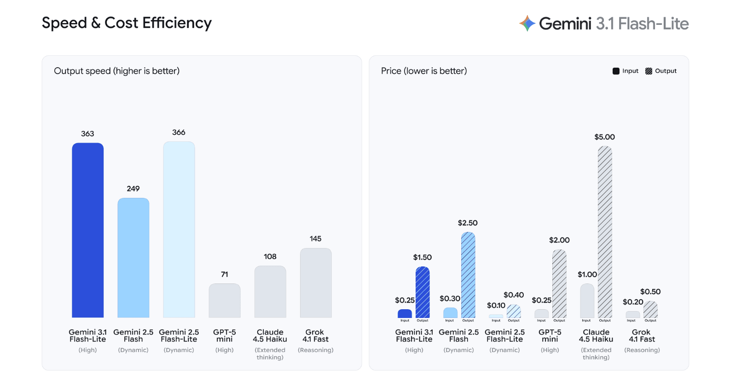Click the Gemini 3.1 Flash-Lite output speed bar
(87, 230)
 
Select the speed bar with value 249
(133, 258)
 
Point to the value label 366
(179, 133)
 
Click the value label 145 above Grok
(315, 239)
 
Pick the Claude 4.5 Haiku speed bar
(270, 292)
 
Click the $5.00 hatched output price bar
(605, 232)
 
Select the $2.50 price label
(468, 223)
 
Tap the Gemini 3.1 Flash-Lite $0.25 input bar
(405, 313)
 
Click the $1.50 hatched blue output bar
(423, 292)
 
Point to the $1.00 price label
(587, 275)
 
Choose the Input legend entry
(626, 71)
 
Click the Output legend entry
(661, 71)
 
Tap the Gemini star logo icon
(527, 23)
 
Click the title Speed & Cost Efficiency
(127, 23)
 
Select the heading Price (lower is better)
(424, 71)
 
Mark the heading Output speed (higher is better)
(116, 71)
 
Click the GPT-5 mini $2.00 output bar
(559, 283)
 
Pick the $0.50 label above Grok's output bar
(650, 292)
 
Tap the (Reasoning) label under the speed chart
(315, 350)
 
